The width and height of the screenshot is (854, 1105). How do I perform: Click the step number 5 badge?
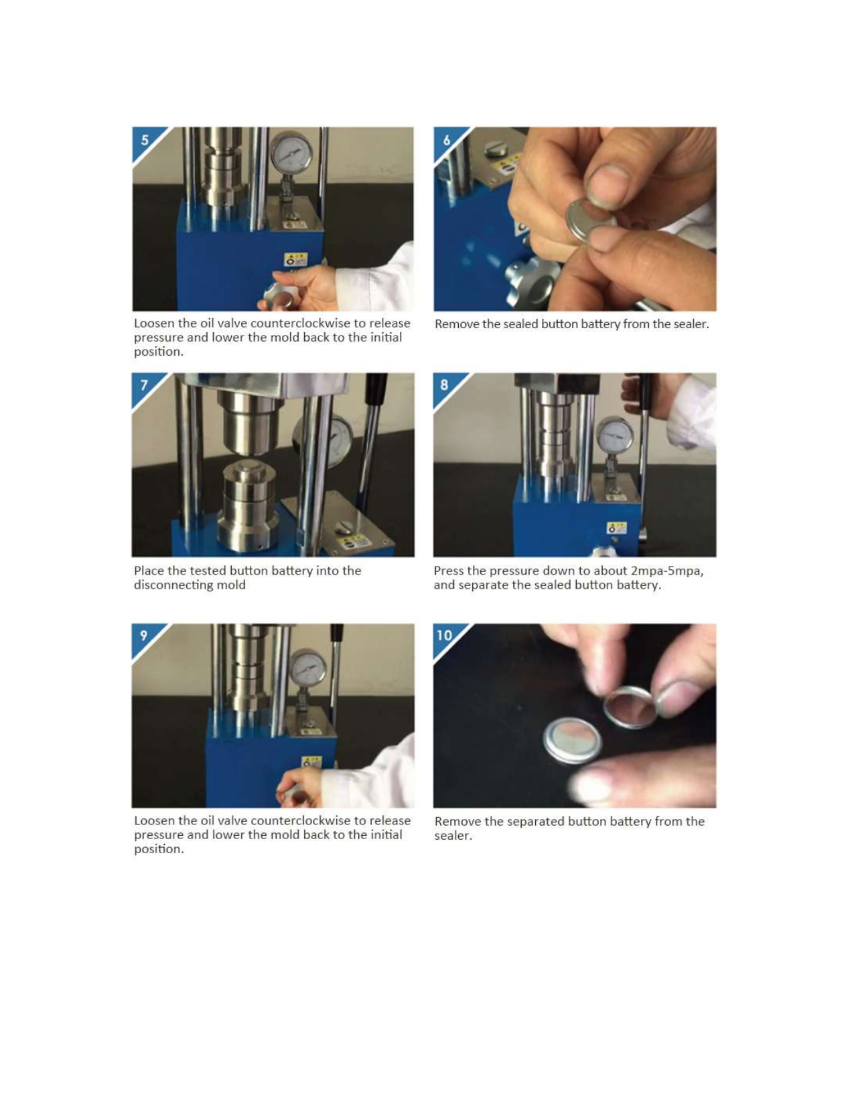click(x=145, y=140)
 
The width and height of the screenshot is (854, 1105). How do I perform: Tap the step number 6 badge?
click(x=446, y=140)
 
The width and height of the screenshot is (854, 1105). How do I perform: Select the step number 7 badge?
click(x=145, y=386)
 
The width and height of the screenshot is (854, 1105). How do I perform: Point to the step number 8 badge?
click(x=445, y=385)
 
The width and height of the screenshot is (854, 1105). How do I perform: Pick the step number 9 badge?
click(x=144, y=636)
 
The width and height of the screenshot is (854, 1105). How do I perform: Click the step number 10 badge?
click(x=445, y=636)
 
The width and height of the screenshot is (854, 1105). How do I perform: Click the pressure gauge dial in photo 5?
click(x=291, y=153)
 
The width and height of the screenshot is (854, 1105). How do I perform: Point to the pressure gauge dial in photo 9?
click(x=308, y=667)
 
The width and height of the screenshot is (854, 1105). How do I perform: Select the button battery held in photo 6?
click(x=590, y=220)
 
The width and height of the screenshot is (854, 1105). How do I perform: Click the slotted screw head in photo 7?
click(x=344, y=529)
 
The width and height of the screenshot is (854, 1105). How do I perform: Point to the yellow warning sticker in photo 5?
click(x=295, y=259)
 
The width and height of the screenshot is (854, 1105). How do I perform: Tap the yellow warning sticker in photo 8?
click(x=617, y=528)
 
